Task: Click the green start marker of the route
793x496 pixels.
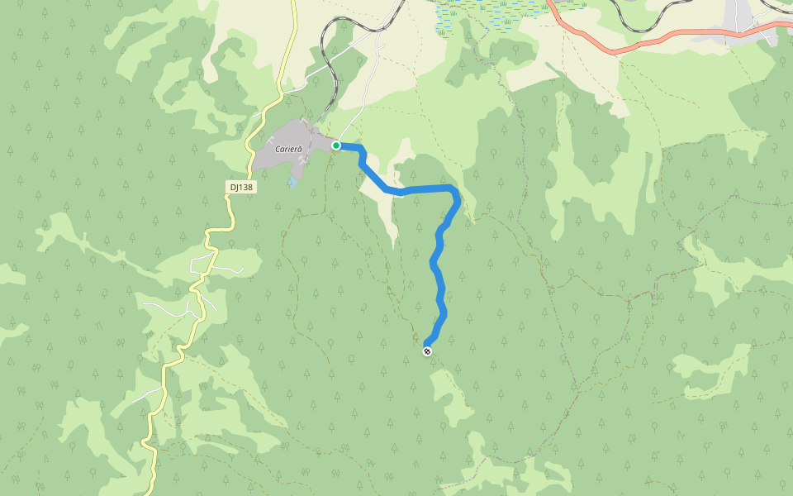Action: click(336, 145)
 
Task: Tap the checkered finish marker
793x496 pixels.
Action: click(427, 351)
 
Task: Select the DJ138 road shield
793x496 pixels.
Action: click(241, 188)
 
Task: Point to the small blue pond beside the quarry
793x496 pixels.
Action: click(293, 182)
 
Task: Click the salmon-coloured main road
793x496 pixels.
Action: click(628, 45)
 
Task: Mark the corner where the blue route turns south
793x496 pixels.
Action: click(456, 194)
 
